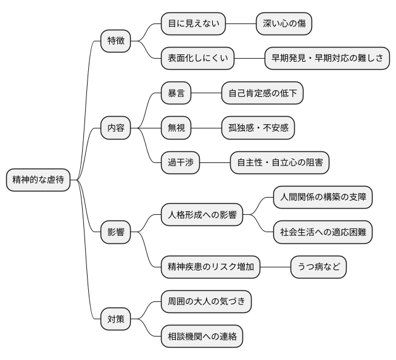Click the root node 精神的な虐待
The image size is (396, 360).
tap(38, 180)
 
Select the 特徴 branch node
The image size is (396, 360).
tap(116, 41)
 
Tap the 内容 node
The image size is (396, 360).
tap(116, 128)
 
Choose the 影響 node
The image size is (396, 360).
tap(116, 233)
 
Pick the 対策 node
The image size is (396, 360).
tap(116, 320)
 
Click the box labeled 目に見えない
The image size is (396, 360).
tap(193, 24)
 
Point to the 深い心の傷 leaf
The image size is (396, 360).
tap(284, 24)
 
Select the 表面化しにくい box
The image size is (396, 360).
tap(197, 59)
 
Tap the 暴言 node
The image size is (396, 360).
tap(176, 94)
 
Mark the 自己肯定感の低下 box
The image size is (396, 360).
tap(263, 94)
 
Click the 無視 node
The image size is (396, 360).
tap(176, 128)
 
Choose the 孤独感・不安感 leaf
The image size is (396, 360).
tap(258, 128)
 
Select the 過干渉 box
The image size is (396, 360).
tap(180, 163)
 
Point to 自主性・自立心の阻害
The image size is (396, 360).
tap(279, 163)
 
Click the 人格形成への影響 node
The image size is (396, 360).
tap(202, 216)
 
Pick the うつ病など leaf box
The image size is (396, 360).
tap(319, 267)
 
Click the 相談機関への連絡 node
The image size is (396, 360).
tap(202, 337)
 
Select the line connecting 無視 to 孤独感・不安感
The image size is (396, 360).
tap(206, 128)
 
